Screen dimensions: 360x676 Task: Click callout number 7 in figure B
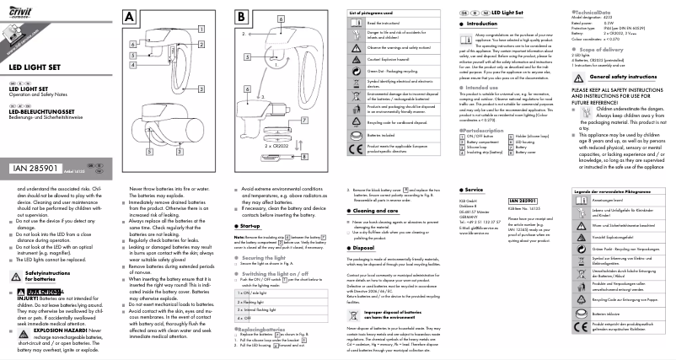[249, 132]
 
